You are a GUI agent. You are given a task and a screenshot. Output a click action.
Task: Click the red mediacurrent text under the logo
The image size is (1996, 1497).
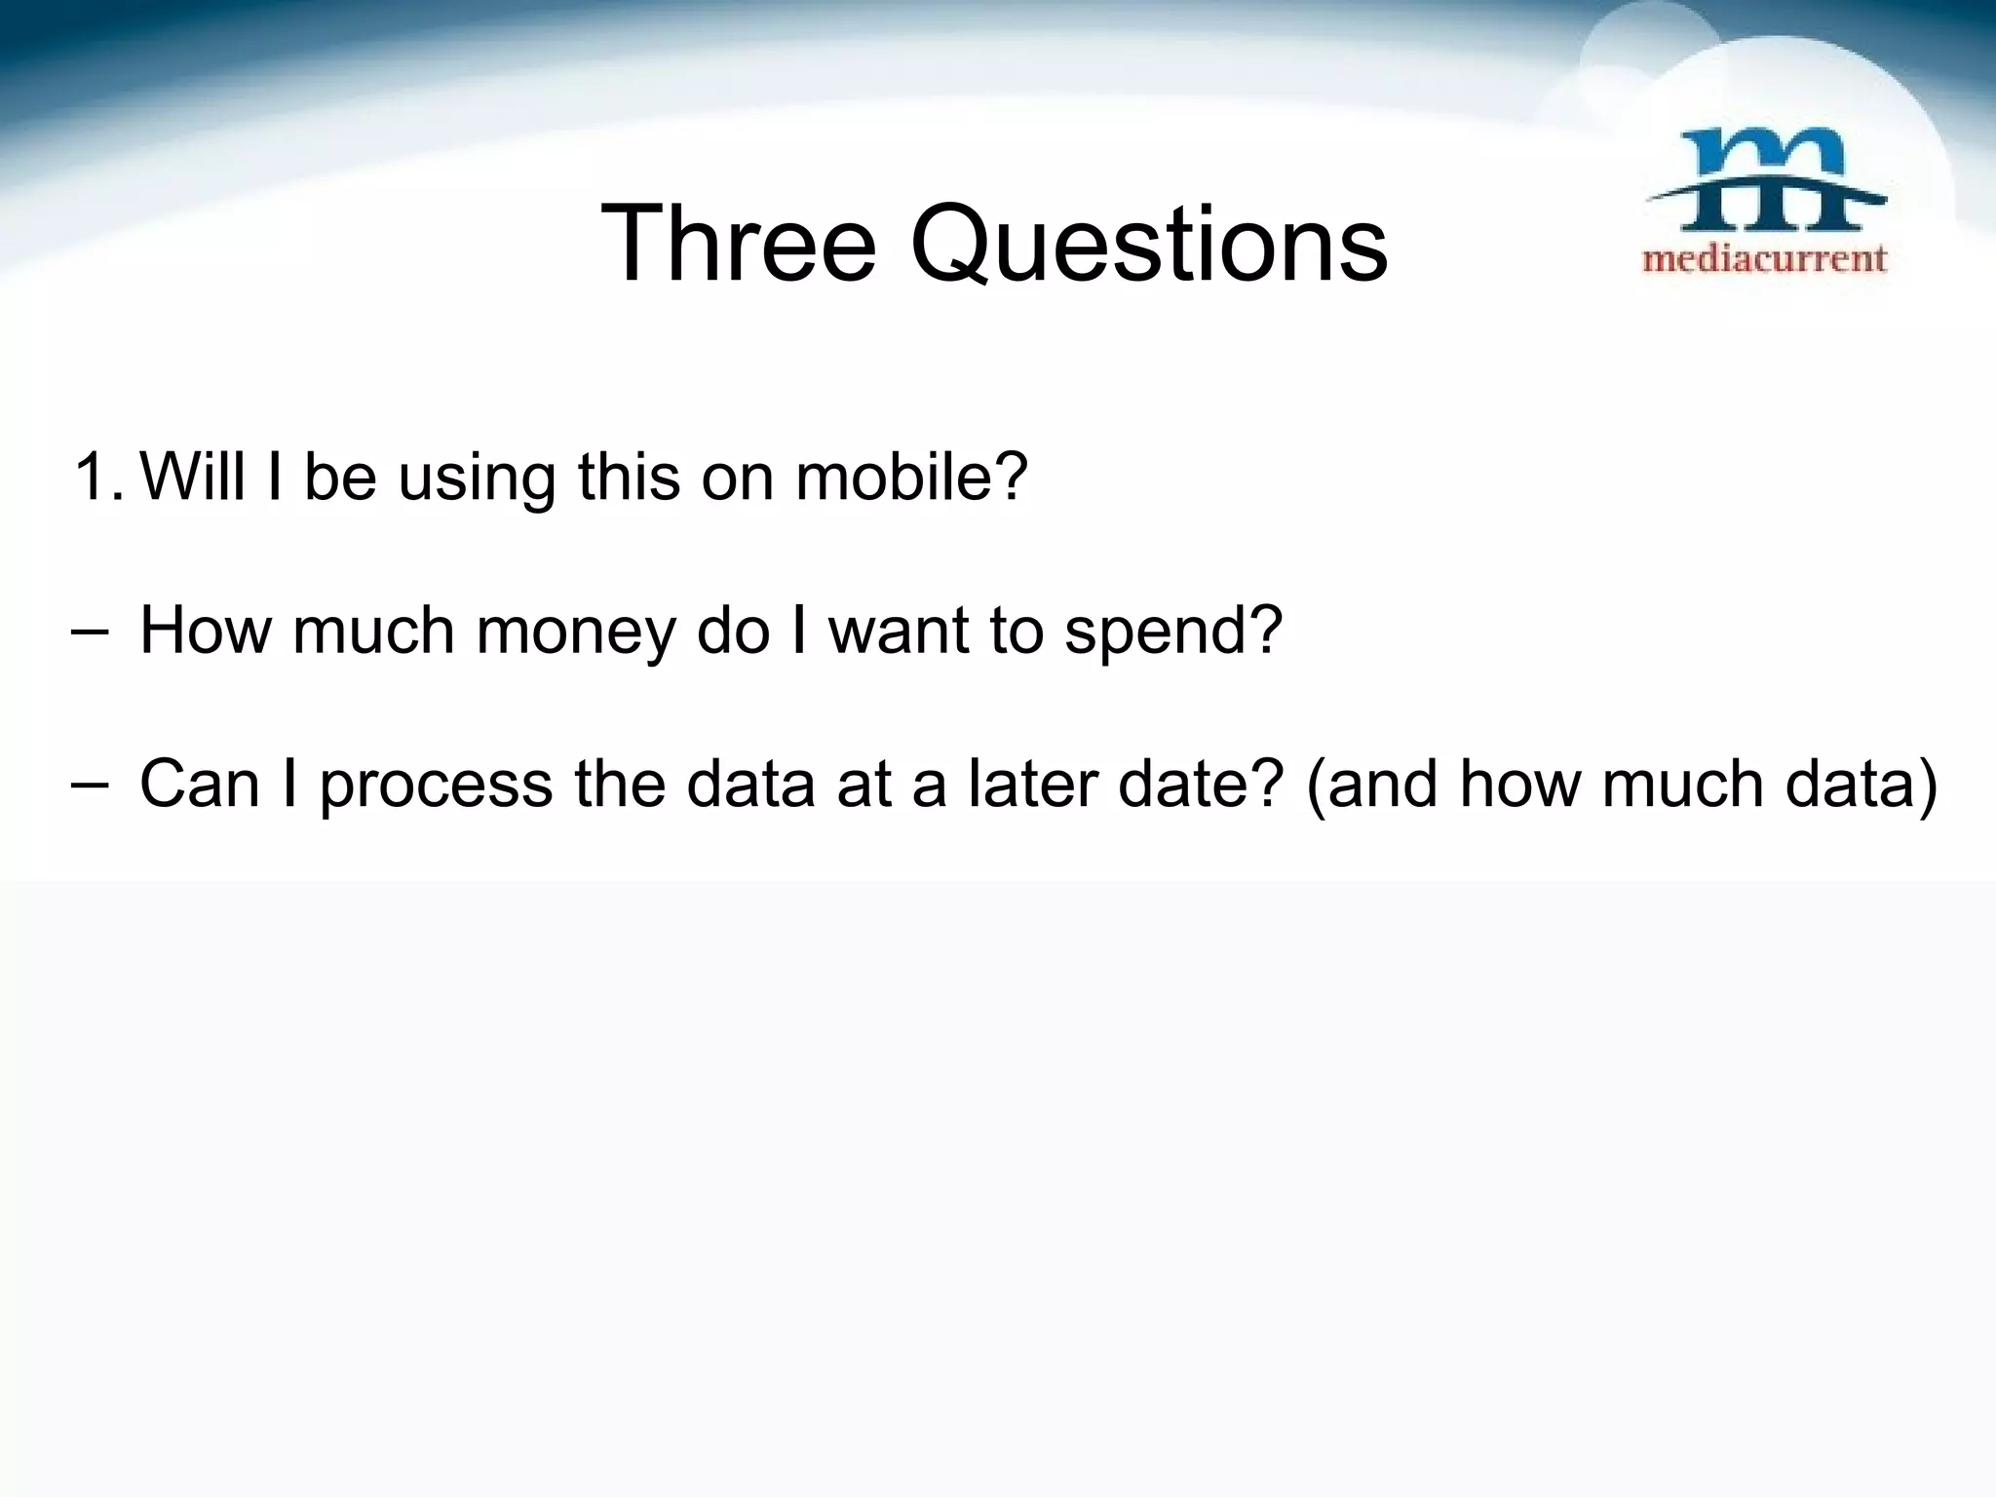pos(1765,259)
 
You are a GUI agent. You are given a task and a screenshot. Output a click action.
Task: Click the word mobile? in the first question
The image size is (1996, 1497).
pos(911,478)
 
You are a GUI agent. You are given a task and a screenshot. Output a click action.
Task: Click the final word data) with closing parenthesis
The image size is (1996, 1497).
pos(1862,784)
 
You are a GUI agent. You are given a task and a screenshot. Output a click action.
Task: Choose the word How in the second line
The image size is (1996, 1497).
pos(204,631)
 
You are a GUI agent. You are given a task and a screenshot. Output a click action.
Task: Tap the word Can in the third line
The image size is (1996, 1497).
pos(201,784)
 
